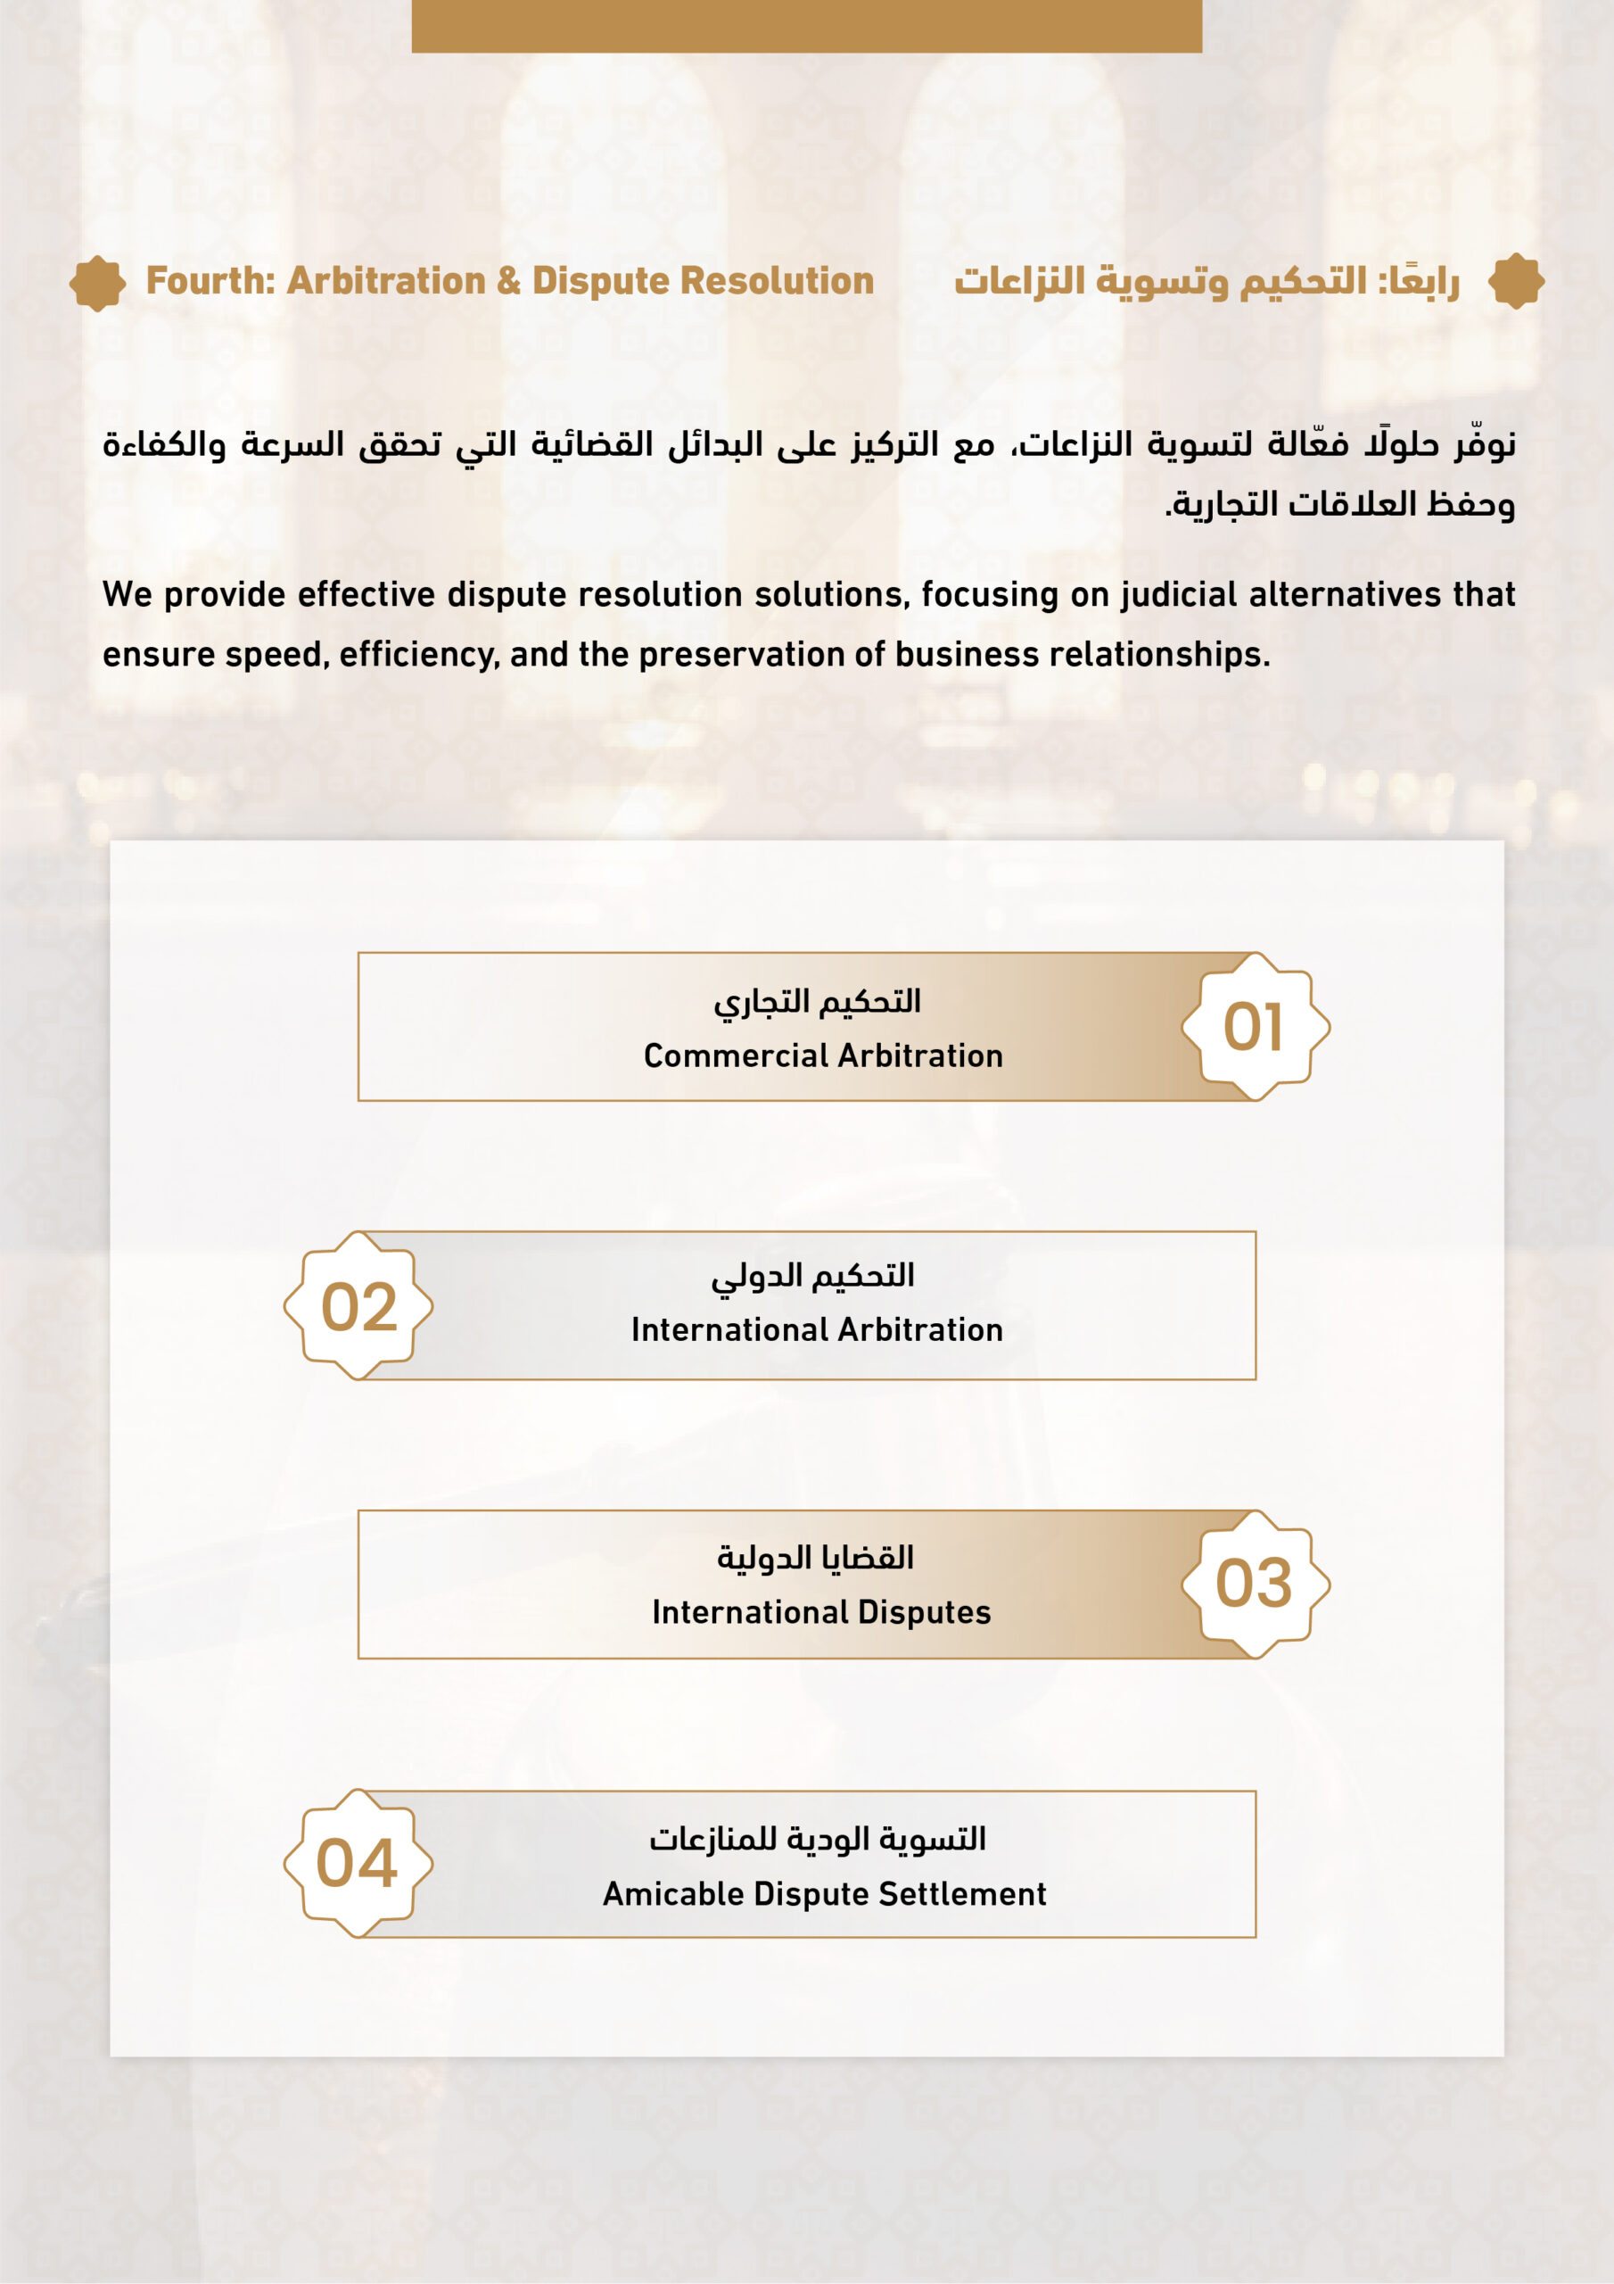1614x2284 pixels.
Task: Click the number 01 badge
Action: coord(1254,1027)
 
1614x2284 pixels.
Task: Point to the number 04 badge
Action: coord(357,1863)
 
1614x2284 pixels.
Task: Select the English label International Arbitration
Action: coord(817,1330)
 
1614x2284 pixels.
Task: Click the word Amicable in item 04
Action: coord(673,1894)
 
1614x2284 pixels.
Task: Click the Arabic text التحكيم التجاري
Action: coord(818,1001)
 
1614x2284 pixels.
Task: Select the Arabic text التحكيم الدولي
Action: coord(812,1275)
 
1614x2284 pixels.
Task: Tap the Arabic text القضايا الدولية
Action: coord(815,1558)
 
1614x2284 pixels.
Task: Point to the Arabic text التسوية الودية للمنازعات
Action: coord(818,1840)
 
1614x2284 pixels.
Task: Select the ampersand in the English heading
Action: coord(508,282)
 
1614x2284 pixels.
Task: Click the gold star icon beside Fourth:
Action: coord(97,284)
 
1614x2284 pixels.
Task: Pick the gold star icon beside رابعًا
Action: coord(1516,282)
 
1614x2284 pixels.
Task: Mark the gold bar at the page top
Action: coord(806,26)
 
